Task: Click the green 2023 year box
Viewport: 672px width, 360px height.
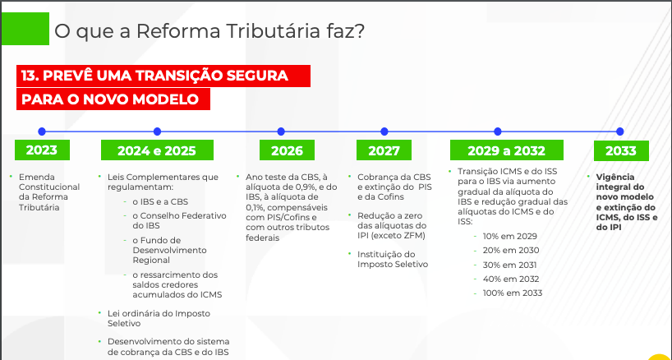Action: click(x=42, y=150)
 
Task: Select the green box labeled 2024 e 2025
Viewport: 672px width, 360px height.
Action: click(x=157, y=150)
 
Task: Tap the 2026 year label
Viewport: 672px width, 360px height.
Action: click(x=287, y=150)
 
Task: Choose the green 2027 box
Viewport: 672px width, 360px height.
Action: click(x=384, y=150)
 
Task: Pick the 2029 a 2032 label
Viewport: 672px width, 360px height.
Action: click(x=506, y=150)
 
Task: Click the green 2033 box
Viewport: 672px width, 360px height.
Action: click(x=621, y=150)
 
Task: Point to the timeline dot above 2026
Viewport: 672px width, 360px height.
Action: click(x=281, y=132)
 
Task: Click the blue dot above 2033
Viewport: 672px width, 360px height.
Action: click(x=619, y=132)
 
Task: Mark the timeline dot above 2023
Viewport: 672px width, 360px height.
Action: click(x=42, y=132)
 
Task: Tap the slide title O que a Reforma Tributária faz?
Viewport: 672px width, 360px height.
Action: click(x=209, y=31)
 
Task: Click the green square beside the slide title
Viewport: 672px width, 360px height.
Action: click(x=25, y=29)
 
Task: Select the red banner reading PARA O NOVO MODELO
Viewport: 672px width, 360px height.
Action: click(x=113, y=99)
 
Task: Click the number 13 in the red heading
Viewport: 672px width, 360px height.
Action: click(x=28, y=76)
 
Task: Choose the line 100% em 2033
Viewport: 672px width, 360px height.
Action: click(x=512, y=293)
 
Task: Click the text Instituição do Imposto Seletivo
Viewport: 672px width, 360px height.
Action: click(x=393, y=259)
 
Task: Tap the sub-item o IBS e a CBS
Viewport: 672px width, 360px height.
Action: click(x=160, y=202)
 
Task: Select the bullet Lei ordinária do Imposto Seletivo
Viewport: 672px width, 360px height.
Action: click(x=159, y=318)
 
